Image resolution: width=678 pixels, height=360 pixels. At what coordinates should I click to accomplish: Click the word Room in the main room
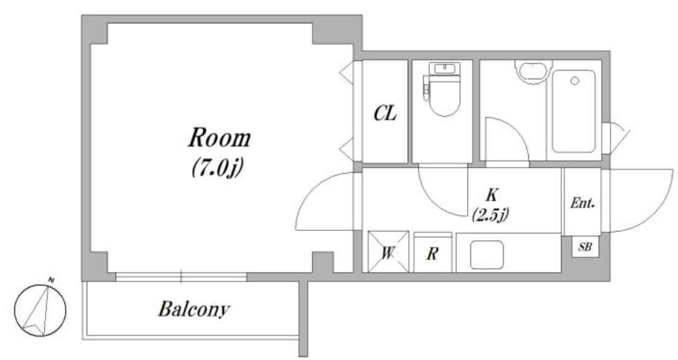220,138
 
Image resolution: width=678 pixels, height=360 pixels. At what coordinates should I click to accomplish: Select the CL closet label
385,114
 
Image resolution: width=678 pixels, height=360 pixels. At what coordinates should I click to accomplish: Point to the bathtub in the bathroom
574,111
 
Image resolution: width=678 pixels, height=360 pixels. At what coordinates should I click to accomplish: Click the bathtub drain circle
575,80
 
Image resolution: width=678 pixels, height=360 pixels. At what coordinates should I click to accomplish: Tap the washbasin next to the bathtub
532,70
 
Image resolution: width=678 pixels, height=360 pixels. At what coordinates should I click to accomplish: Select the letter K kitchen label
491,195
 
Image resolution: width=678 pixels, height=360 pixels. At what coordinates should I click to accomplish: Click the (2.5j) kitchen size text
490,215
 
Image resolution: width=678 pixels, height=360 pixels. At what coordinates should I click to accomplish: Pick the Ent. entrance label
583,203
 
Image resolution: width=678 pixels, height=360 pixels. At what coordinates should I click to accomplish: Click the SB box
585,247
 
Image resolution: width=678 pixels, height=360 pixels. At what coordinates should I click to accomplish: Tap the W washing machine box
388,252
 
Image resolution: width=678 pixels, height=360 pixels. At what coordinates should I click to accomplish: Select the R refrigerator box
432,253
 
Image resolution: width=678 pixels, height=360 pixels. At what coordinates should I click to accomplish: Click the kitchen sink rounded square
487,255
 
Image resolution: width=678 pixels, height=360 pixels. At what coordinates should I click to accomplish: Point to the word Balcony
193,310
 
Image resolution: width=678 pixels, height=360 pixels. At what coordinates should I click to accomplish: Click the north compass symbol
40,310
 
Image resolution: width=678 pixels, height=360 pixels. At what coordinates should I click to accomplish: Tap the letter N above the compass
51,280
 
